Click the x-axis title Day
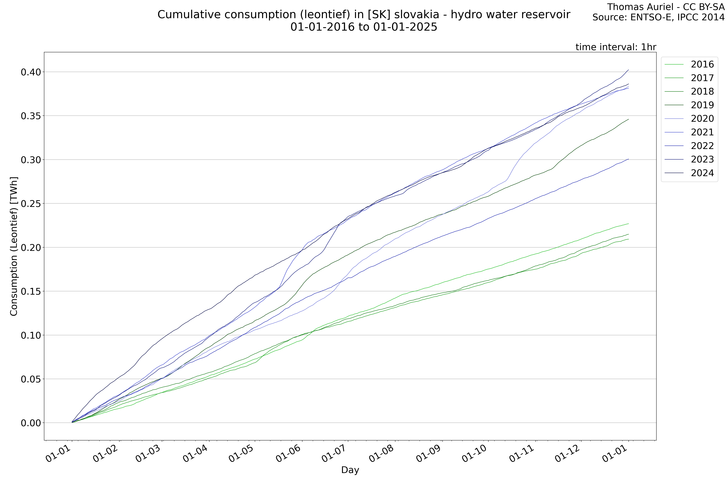point(350,470)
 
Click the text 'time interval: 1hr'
point(616,47)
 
